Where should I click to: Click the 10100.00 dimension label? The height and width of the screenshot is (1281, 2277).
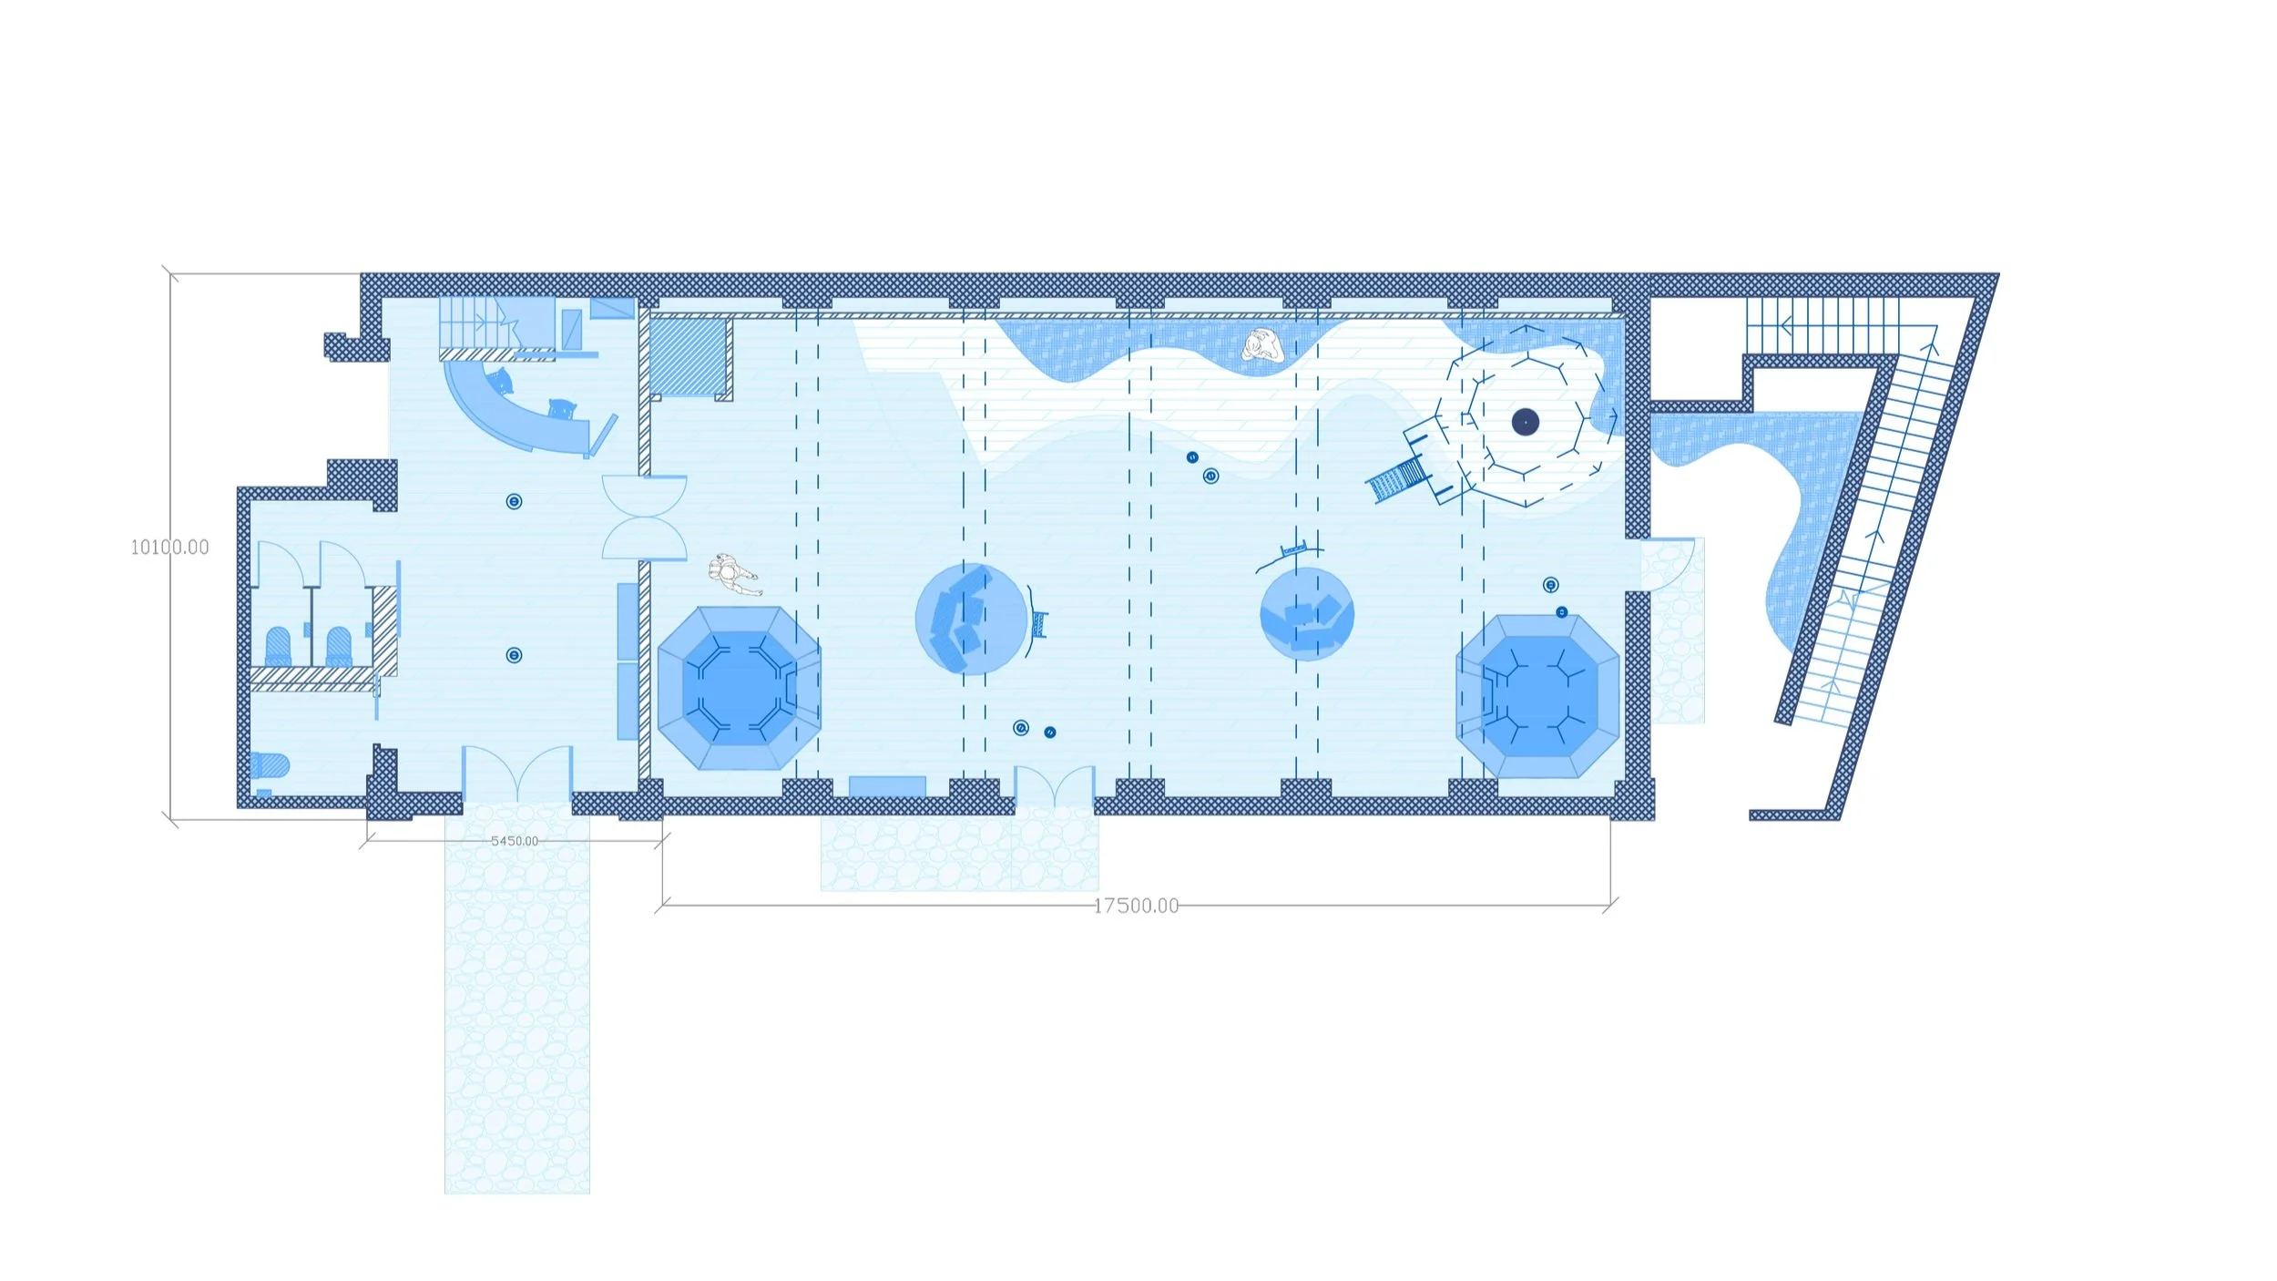tap(169, 547)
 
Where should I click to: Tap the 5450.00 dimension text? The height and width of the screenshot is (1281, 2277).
tap(515, 841)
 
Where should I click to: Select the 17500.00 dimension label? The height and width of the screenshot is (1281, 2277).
tap(1136, 906)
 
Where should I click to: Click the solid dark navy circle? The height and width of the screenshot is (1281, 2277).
tap(1526, 422)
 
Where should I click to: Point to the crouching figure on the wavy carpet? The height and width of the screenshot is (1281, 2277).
tap(1263, 346)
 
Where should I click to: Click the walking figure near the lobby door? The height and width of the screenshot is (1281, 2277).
tap(733, 574)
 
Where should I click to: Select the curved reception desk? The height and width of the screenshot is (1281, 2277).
tap(519, 415)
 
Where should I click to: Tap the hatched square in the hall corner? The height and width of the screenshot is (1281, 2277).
tap(689, 356)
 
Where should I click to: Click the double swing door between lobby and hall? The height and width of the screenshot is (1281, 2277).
tap(645, 518)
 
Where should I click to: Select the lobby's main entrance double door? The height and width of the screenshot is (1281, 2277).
tap(517, 774)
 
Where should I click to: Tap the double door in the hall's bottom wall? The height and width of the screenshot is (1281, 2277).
tap(1055, 786)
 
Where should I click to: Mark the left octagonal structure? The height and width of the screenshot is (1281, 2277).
tap(739, 688)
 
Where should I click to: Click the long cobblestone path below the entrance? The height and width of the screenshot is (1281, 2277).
tap(517, 1002)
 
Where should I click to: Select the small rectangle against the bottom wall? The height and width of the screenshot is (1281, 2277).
tap(887, 786)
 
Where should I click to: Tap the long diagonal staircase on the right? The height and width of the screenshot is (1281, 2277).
tap(1876, 538)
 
